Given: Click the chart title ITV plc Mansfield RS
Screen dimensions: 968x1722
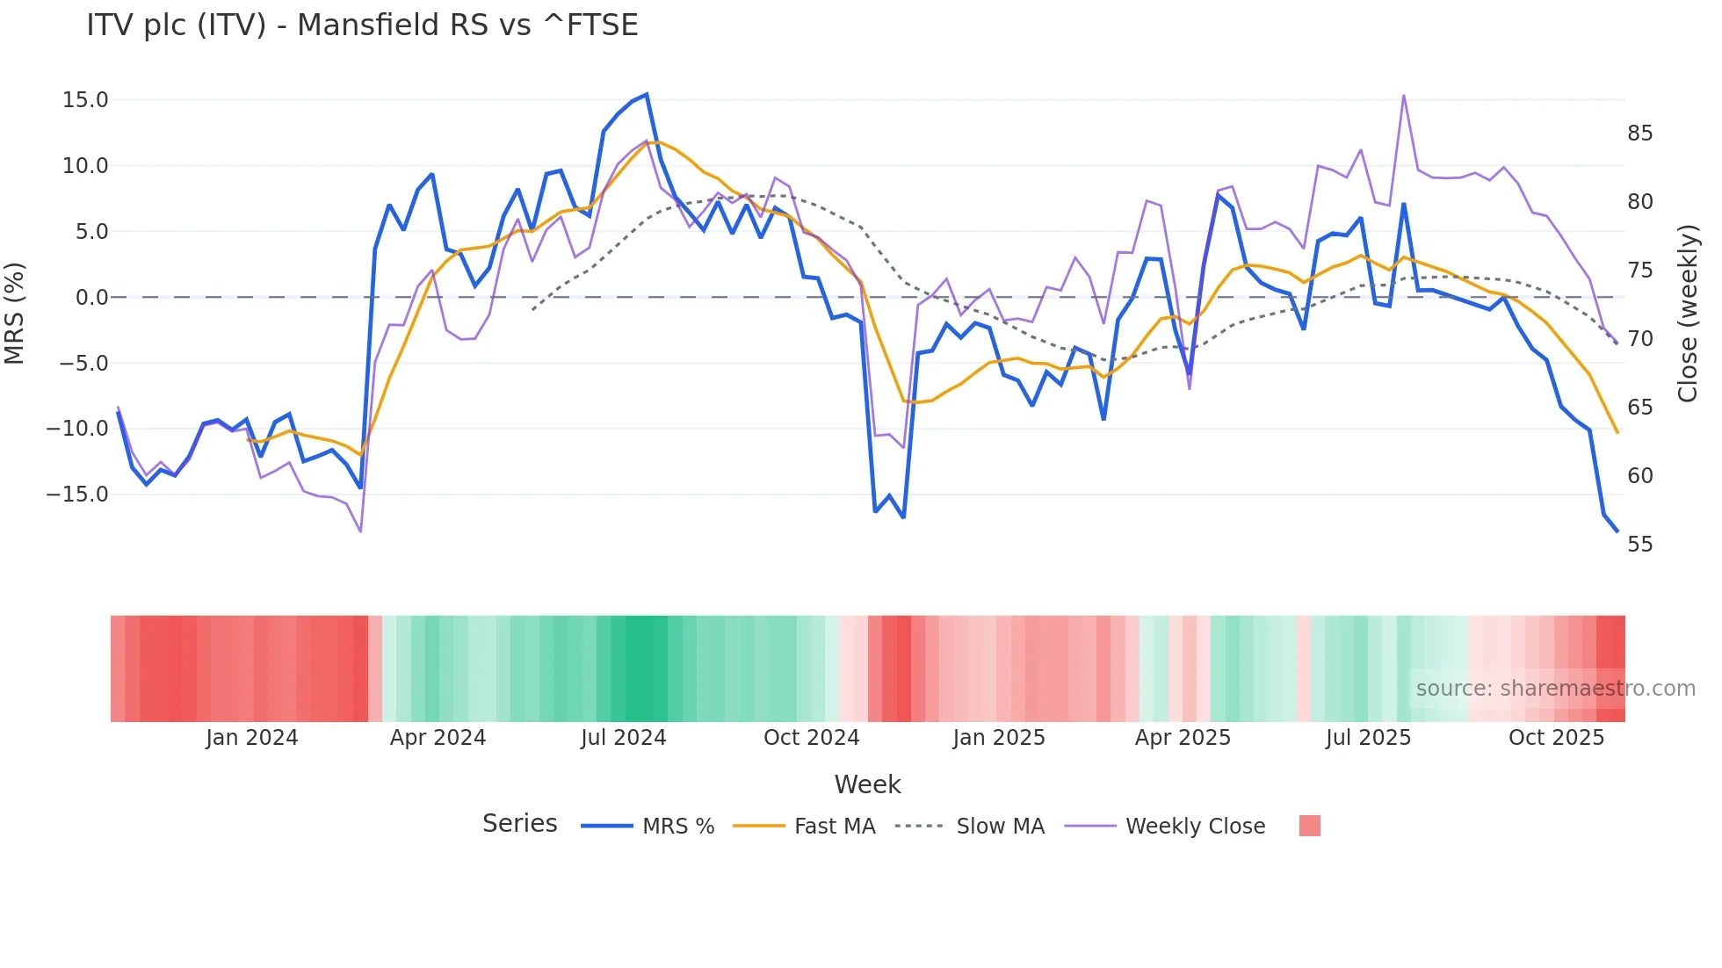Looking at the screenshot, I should coord(362,25).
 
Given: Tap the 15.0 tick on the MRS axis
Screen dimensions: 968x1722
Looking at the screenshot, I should coord(85,100).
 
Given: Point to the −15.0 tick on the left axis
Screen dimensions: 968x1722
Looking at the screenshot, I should coord(77,495).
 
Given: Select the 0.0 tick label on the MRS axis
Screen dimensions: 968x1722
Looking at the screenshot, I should coord(91,298).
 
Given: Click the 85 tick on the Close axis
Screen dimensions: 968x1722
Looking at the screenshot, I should coord(1639,134).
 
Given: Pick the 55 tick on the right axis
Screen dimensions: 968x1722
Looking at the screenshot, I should coord(1639,545).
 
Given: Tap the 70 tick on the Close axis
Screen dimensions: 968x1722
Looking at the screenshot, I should coord(1639,339).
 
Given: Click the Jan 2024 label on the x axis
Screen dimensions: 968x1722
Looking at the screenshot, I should coord(252,738).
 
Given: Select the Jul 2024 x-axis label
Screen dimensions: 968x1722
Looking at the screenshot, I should coord(624,738).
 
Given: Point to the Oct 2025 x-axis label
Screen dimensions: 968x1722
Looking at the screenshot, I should coord(1556,738).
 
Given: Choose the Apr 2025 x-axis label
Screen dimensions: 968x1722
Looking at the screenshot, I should coord(1183,738).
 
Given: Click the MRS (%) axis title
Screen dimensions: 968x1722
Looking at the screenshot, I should coord(15,314).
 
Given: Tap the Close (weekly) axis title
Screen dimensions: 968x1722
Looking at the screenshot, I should coord(1687,314).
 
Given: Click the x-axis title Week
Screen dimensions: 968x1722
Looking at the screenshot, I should coord(867,784).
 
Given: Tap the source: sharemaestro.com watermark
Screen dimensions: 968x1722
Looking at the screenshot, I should coord(1555,689).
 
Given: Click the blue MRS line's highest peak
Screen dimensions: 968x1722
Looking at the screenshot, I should coord(647,94).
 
